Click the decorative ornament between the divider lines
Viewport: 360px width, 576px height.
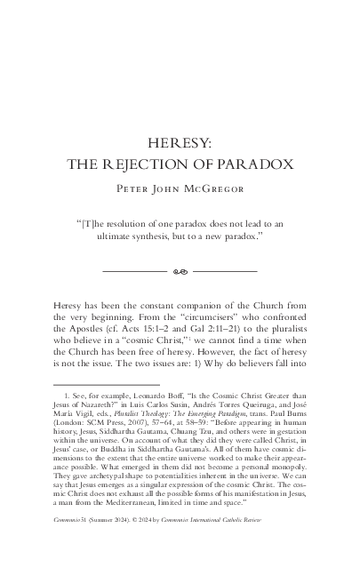click(x=180, y=270)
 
